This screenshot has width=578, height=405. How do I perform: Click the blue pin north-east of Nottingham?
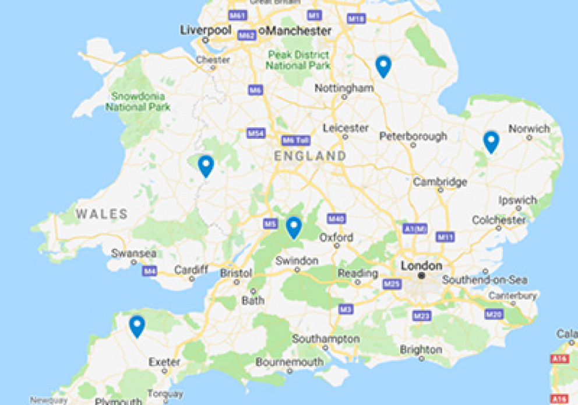click(383, 66)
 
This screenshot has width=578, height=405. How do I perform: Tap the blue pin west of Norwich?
click(491, 142)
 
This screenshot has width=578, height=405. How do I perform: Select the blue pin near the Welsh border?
click(206, 166)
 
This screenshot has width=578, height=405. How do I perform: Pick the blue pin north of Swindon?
click(294, 227)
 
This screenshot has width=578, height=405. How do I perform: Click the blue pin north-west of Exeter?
click(137, 326)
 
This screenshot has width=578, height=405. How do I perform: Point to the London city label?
click(421, 266)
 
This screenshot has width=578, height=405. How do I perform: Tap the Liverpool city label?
click(206, 30)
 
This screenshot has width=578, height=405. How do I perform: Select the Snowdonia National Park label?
click(138, 102)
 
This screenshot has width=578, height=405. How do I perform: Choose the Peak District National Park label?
click(297, 60)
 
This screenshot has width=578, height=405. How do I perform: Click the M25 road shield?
click(392, 284)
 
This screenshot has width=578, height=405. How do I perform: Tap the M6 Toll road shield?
click(295, 141)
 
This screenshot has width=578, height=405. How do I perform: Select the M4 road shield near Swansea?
click(150, 271)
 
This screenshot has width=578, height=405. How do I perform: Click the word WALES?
click(101, 214)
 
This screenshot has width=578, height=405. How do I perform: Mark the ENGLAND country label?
click(310, 156)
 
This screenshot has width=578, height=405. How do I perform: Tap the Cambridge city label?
click(440, 182)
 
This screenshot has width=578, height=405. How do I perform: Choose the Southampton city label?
click(326, 339)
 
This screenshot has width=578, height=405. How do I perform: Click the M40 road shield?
click(336, 218)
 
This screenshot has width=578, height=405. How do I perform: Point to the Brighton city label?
click(421, 350)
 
